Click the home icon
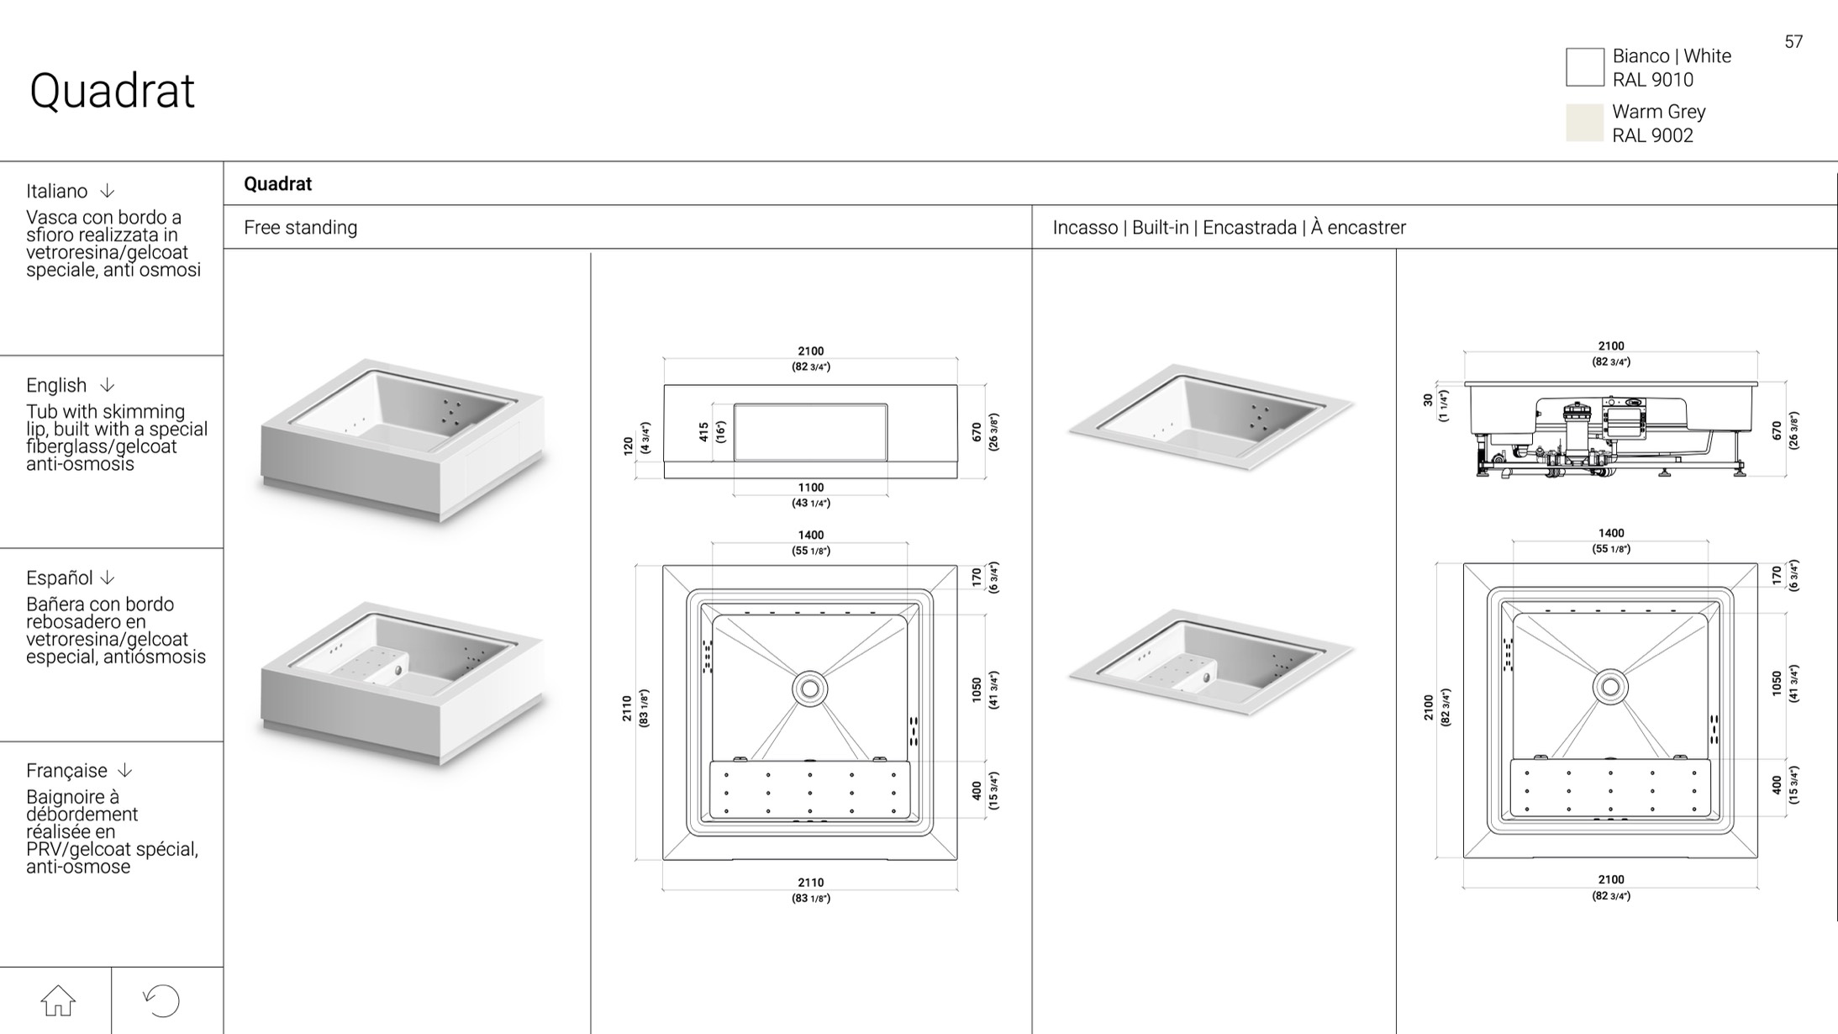point(58,1000)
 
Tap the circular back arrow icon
point(161,1000)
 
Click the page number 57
point(1793,42)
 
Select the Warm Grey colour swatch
point(1584,123)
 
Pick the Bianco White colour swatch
point(1584,67)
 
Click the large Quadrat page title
point(112,91)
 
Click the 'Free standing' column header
point(300,228)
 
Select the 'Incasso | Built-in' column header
point(1123,228)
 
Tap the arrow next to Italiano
point(108,191)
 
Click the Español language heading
point(60,578)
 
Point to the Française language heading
point(67,771)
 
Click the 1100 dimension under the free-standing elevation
point(811,488)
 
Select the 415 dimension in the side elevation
point(703,432)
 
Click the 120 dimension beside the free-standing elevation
point(628,446)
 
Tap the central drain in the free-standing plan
point(810,689)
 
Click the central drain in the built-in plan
point(1610,687)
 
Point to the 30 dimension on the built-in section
point(1428,401)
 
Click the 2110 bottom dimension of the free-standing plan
point(811,883)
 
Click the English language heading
point(56,385)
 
